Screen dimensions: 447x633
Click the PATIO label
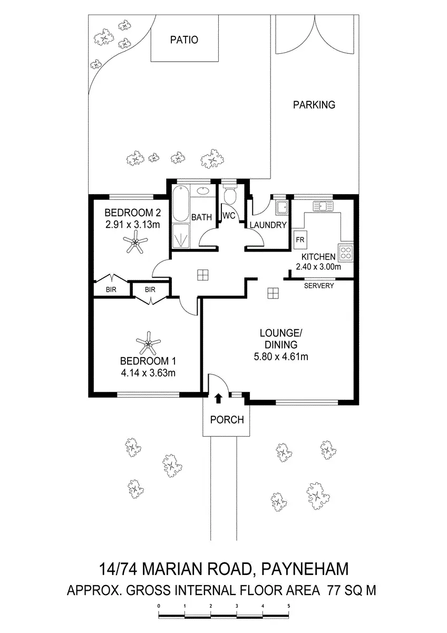(x=184, y=40)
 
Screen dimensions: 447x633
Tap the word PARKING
(x=314, y=104)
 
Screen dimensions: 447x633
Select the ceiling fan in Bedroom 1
(x=149, y=346)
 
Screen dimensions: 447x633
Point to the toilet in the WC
(x=229, y=196)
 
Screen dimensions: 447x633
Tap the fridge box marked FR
(x=300, y=239)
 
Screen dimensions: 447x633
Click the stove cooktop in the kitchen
(x=346, y=253)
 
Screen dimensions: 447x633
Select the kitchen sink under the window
(x=323, y=206)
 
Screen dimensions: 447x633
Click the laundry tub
(x=282, y=207)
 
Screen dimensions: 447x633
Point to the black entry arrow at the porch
(x=219, y=398)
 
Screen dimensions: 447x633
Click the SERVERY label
(x=319, y=285)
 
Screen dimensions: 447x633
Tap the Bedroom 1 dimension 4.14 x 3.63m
(x=148, y=373)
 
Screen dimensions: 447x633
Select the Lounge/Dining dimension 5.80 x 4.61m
(x=280, y=357)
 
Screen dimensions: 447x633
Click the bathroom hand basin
(x=203, y=191)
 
